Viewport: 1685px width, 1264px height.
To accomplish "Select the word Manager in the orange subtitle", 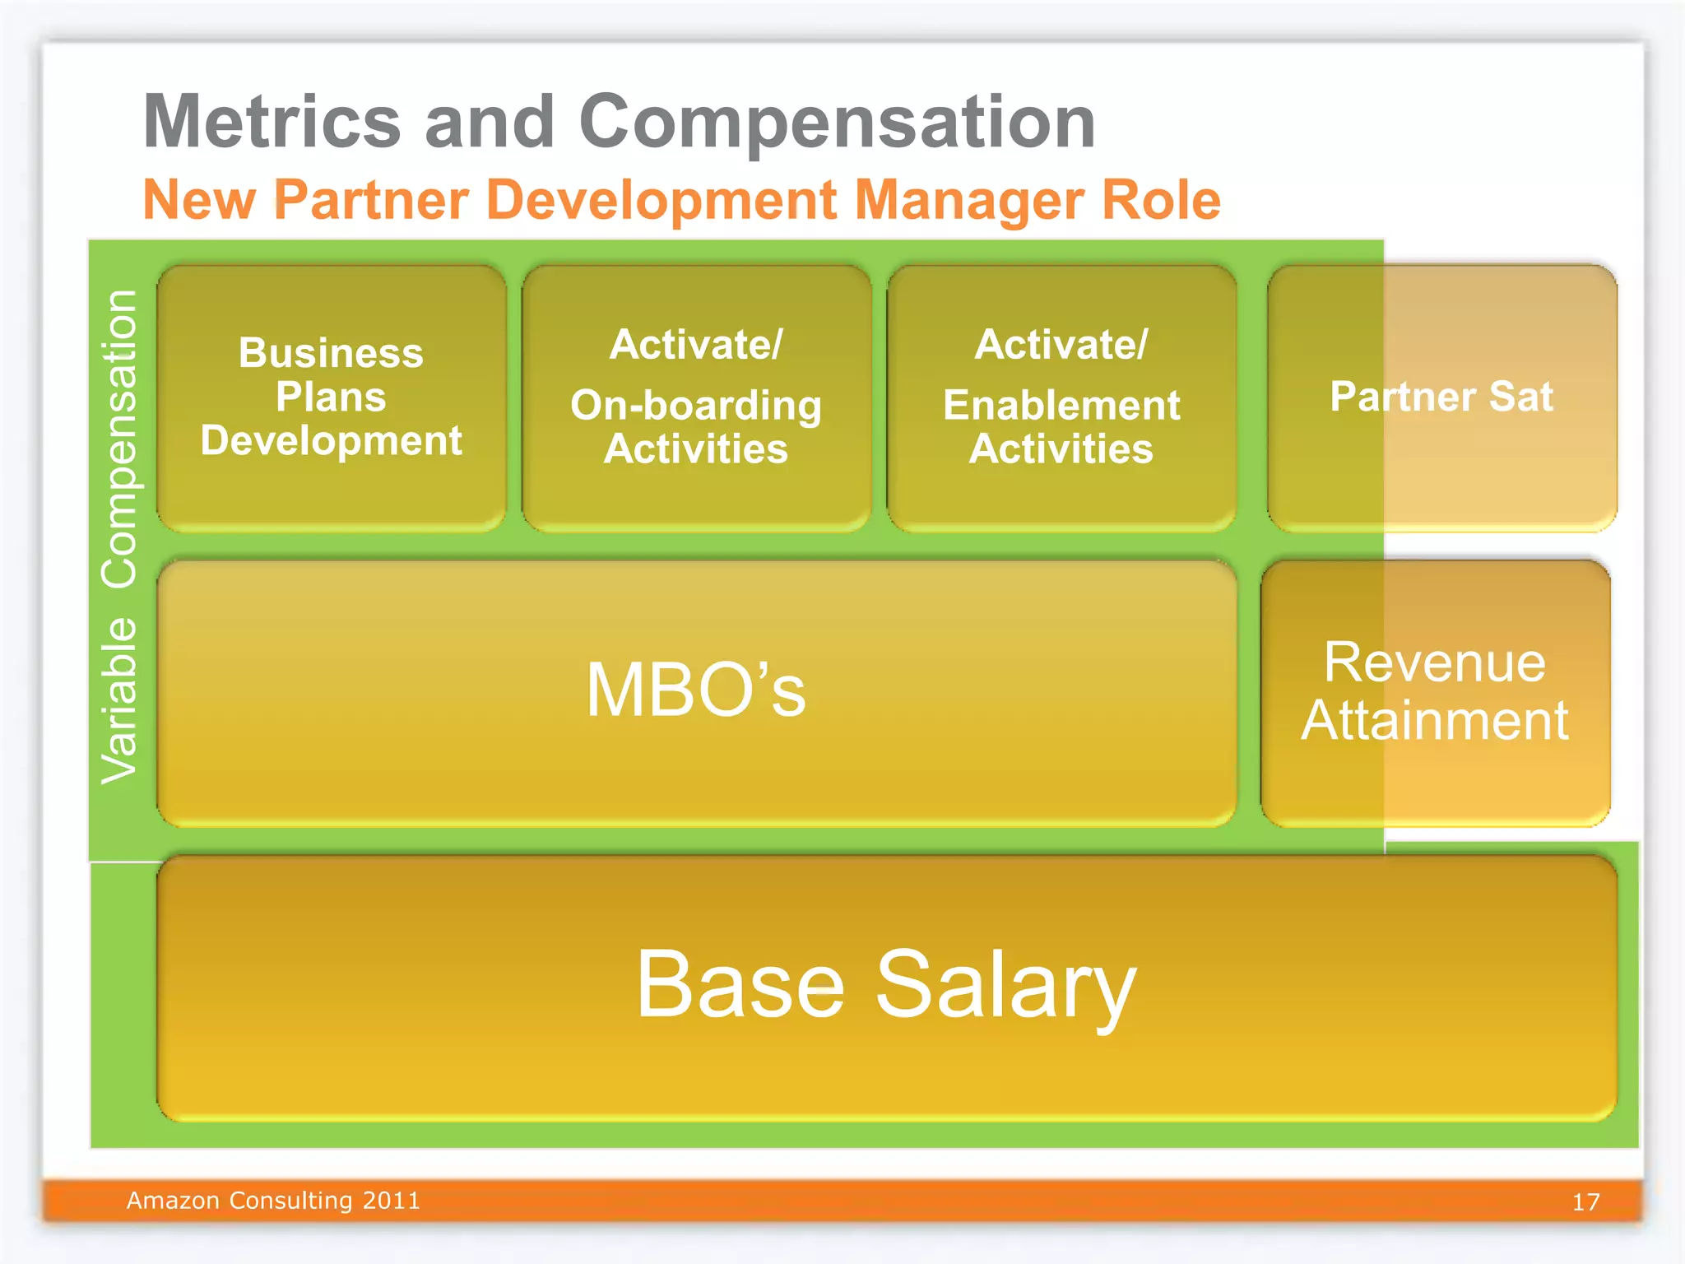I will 968,200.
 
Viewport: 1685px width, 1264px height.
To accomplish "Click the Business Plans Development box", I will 332,397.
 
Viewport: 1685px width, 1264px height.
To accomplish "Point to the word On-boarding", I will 696,405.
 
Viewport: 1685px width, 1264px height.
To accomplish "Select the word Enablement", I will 1061,405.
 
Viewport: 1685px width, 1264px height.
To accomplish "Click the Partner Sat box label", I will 1441,397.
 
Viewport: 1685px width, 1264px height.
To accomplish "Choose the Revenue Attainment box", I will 1435,691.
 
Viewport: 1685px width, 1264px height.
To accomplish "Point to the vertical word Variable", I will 119,699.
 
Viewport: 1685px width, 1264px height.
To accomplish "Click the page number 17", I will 1585,1202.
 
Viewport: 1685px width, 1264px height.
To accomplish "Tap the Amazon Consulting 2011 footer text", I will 273,1201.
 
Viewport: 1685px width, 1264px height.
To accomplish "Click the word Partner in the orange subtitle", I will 371,200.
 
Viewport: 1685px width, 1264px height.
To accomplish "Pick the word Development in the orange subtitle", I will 661,200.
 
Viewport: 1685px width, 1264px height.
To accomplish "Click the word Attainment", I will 1435,721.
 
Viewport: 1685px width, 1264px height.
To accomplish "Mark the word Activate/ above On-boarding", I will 696,344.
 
